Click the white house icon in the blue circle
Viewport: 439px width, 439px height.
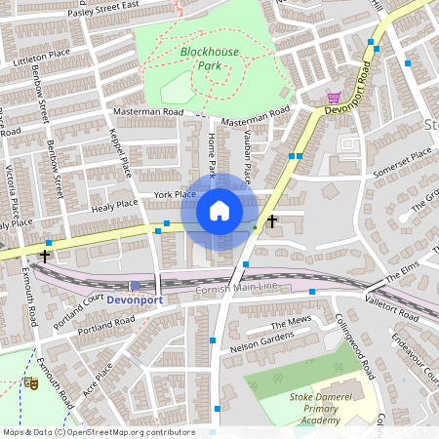(219, 211)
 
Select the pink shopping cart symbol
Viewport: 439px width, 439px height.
(335, 99)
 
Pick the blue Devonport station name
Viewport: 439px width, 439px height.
(134, 299)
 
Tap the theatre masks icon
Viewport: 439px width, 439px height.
(30, 384)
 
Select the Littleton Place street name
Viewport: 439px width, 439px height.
(40, 55)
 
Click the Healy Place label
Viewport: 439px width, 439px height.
(114, 204)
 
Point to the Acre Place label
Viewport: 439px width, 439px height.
(100, 380)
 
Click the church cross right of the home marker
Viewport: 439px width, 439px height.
(272, 222)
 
